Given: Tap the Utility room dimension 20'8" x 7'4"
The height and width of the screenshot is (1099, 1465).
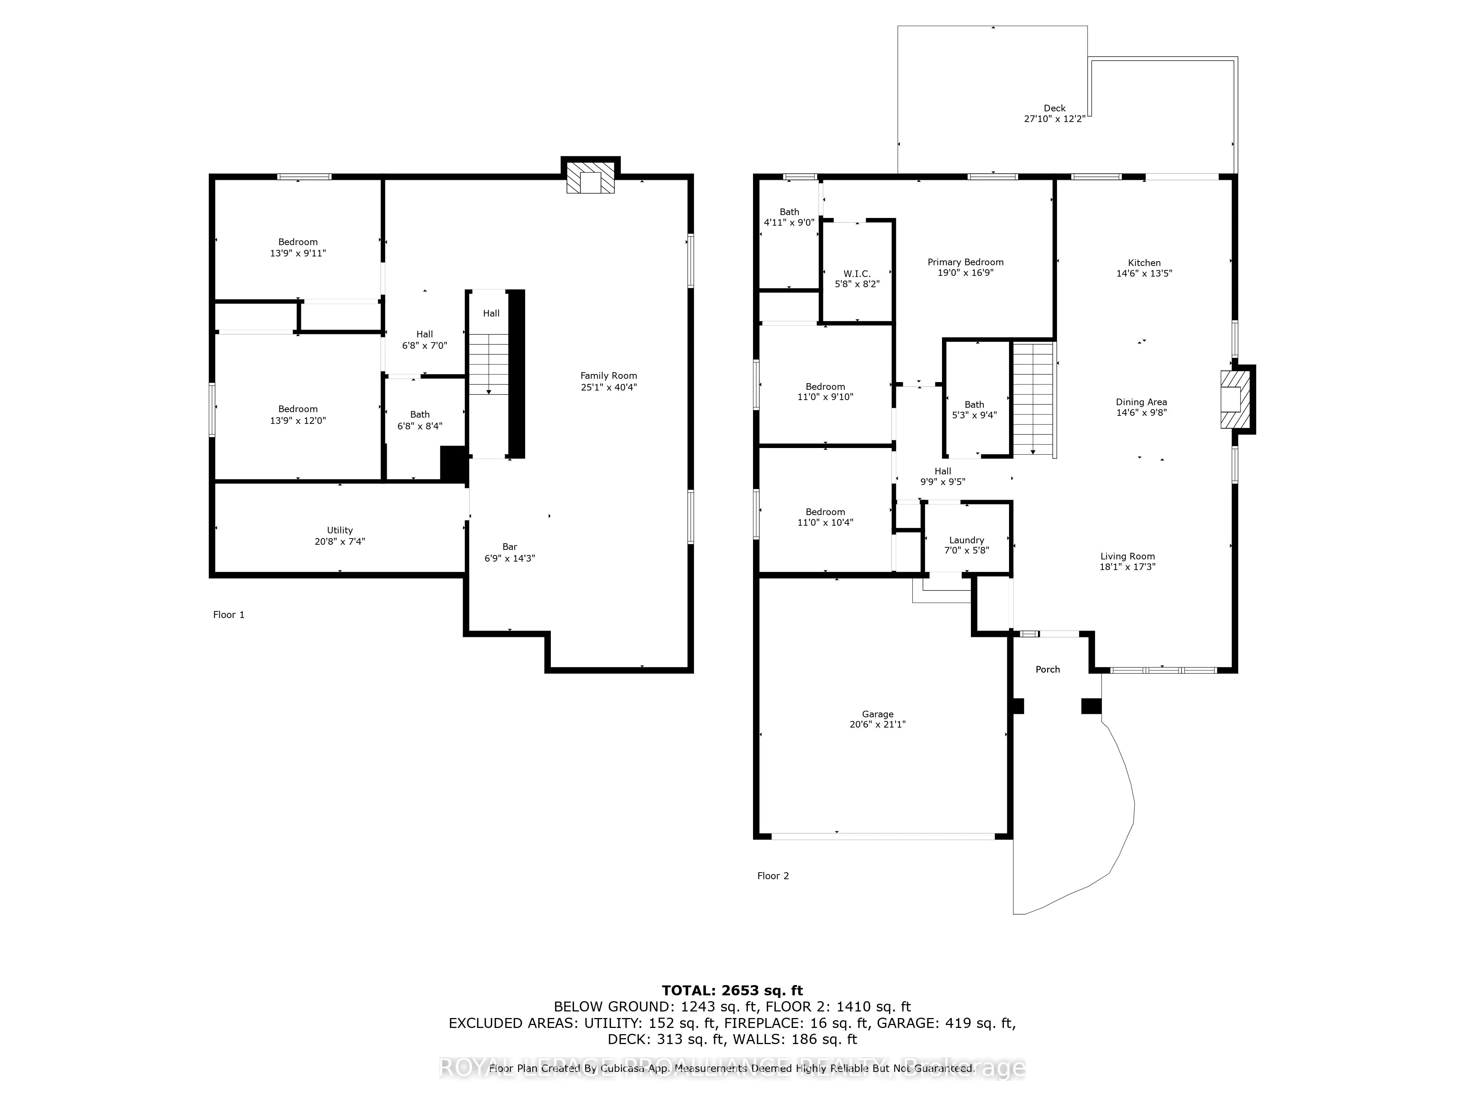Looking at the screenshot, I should coord(340,541).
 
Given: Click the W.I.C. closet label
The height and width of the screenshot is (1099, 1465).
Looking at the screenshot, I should coord(857,274).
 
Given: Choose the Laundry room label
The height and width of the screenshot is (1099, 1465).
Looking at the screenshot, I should coord(966,540).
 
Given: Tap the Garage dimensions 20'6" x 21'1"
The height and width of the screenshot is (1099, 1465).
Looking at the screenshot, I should coord(878,724).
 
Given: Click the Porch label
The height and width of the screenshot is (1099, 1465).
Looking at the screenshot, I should coord(1048,669).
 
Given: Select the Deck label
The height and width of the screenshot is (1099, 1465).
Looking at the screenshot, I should coord(1054,108).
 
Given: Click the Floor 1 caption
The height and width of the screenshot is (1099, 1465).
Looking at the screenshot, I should coord(229,615).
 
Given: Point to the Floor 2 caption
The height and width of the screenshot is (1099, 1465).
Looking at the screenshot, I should coord(773,876).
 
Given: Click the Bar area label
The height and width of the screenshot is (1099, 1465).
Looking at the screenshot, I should coord(509,547).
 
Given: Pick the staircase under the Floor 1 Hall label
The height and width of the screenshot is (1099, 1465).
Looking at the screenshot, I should coord(489,365).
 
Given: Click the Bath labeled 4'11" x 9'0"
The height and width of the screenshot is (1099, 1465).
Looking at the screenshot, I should coord(789,212).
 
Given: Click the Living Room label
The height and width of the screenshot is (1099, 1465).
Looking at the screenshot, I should coord(1127,556).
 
